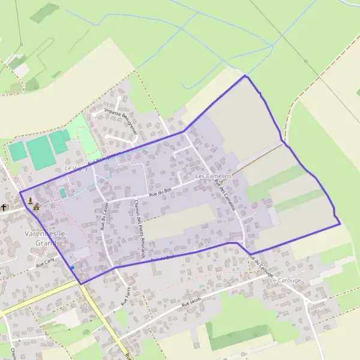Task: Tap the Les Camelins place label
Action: (x=213, y=176)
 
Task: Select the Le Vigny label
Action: (x=76, y=169)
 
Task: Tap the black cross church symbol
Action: (x=4, y=208)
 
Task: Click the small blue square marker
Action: (x=72, y=267)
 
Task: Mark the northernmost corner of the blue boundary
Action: (x=245, y=76)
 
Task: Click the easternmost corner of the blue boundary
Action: (x=340, y=224)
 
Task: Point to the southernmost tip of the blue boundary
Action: (x=81, y=283)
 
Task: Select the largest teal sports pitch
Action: (x=39, y=152)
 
